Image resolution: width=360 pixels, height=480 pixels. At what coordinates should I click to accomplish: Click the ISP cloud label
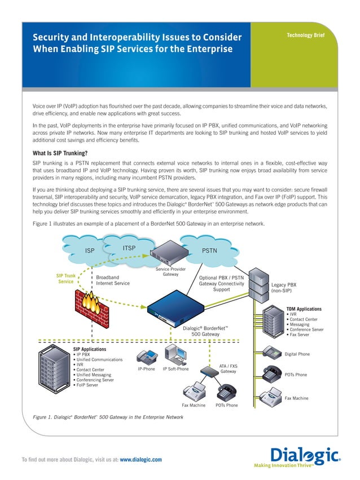pyautogui.click(x=90, y=250)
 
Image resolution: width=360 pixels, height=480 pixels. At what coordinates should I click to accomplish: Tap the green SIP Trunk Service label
pyautogui.click(x=66, y=279)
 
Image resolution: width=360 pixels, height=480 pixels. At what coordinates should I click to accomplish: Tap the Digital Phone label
pyautogui.click(x=297, y=354)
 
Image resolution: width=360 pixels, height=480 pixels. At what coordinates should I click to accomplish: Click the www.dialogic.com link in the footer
pyautogui.click(x=141, y=460)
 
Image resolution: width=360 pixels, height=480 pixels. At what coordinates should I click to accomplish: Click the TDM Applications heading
pyautogui.click(x=304, y=309)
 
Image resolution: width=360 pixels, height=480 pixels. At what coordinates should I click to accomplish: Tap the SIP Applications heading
pyautogui.click(x=90, y=349)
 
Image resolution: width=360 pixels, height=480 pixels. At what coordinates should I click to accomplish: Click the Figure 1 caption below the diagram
pyautogui.click(x=108, y=417)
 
